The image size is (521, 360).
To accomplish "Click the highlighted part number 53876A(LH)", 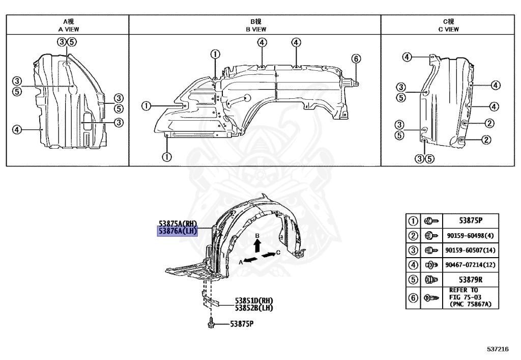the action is pos(177,232).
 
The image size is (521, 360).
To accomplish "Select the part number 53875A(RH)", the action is pos(177,224).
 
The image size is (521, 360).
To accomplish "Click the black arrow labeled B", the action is pos(258,244).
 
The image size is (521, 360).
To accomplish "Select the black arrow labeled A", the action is pos(248,260).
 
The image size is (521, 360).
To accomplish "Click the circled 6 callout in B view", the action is pos(356,59).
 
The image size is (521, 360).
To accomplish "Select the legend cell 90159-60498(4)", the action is pos(470,236).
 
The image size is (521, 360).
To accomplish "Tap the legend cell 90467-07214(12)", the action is pos(470,264).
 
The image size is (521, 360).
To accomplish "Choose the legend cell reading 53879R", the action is pos(470,279).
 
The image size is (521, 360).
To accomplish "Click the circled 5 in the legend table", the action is pos(413,279).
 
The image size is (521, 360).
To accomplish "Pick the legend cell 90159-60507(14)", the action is pos(470,250).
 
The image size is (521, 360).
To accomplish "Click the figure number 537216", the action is pos(497,349).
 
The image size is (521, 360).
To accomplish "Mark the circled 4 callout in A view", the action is pos(17,129).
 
